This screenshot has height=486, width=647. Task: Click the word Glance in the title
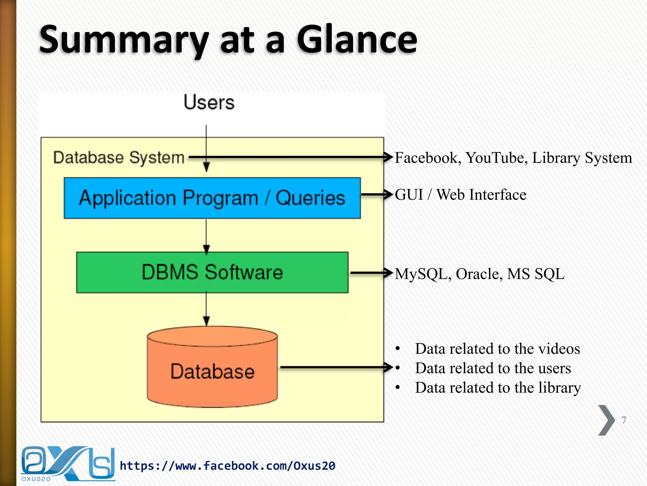tap(357, 40)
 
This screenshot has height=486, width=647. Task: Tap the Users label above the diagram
tap(209, 102)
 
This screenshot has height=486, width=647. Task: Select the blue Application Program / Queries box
tap(212, 198)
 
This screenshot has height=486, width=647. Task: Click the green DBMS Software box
tap(212, 272)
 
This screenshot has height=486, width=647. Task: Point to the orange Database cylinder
tap(212, 370)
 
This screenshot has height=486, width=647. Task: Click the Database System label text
tap(119, 157)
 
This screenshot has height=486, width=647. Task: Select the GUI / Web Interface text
tap(460, 195)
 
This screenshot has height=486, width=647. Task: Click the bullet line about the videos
tap(497, 349)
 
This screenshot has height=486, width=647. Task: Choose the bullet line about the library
tap(498, 388)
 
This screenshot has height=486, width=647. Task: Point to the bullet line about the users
tap(493, 368)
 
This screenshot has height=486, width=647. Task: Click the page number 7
tap(624, 420)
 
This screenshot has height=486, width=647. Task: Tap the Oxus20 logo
tap(68, 464)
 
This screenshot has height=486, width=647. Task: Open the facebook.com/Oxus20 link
tap(227, 466)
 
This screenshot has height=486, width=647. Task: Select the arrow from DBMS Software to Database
tap(206, 308)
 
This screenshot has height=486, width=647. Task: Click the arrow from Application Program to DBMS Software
tap(206, 236)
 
